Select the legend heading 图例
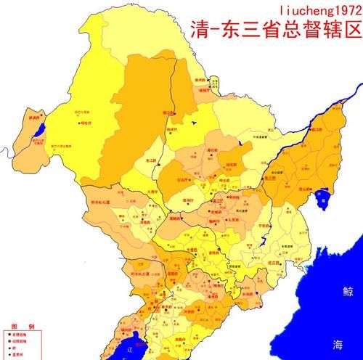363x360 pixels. click(x=17, y=327)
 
